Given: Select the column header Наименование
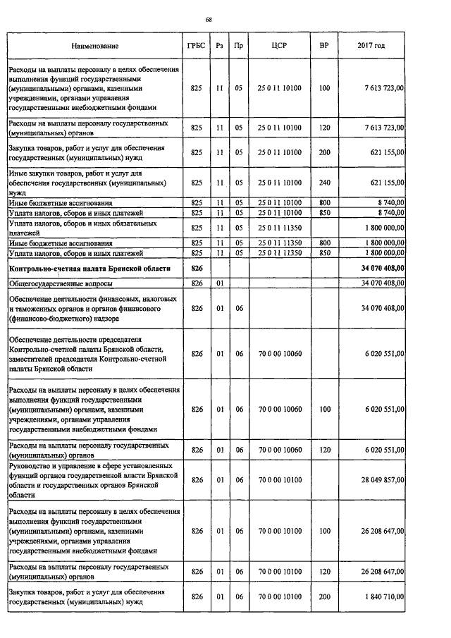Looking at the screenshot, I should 94,47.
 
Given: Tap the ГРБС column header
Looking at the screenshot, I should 197,47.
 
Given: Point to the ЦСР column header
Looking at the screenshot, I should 278,47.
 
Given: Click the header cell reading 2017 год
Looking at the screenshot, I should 371,47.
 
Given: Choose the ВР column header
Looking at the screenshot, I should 324,47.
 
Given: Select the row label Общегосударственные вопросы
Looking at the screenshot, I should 51,283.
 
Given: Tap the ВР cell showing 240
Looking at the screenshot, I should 324,182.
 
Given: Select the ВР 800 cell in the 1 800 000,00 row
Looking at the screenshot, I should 324,243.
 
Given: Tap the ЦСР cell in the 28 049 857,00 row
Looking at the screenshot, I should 278,479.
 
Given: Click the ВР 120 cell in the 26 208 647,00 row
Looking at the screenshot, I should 324,570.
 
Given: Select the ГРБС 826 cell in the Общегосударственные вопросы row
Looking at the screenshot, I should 197,283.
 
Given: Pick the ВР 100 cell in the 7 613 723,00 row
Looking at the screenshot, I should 324,89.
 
